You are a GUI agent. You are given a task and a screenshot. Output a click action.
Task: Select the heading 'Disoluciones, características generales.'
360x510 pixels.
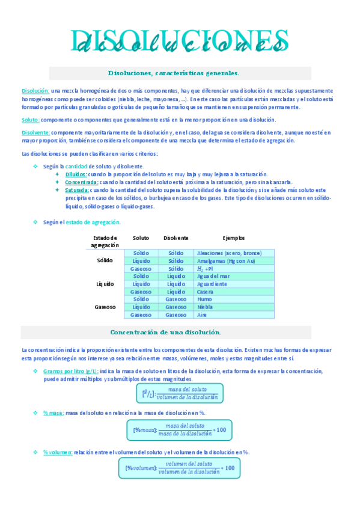pyautogui.click(x=174, y=73)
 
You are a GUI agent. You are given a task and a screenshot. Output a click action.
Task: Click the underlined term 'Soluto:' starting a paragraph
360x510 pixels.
pyautogui.click(x=30, y=120)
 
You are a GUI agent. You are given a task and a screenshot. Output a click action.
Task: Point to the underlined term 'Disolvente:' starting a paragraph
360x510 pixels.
pyautogui.click(x=35, y=132)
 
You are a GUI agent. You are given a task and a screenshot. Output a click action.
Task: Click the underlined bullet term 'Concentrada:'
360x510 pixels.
pyautogui.click(x=82, y=182)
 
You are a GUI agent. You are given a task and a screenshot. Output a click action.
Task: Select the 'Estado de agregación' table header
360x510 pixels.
pyautogui.click(x=105, y=241)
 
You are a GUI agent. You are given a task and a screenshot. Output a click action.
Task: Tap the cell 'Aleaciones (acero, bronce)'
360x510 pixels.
pyautogui.click(x=230, y=253)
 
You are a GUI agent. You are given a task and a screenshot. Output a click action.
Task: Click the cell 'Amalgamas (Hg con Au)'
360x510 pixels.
pyautogui.click(x=226, y=261)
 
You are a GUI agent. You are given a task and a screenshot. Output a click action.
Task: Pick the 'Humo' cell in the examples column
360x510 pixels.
pyautogui.click(x=204, y=299)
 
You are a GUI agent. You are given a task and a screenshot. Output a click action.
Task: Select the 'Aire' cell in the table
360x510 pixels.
pyautogui.click(x=203, y=315)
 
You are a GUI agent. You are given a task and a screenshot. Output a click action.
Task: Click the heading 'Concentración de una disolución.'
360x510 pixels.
pyautogui.click(x=166, y=332)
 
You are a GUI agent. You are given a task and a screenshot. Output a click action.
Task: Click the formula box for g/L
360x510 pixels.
pyautogui.click(x=180, y=393)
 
